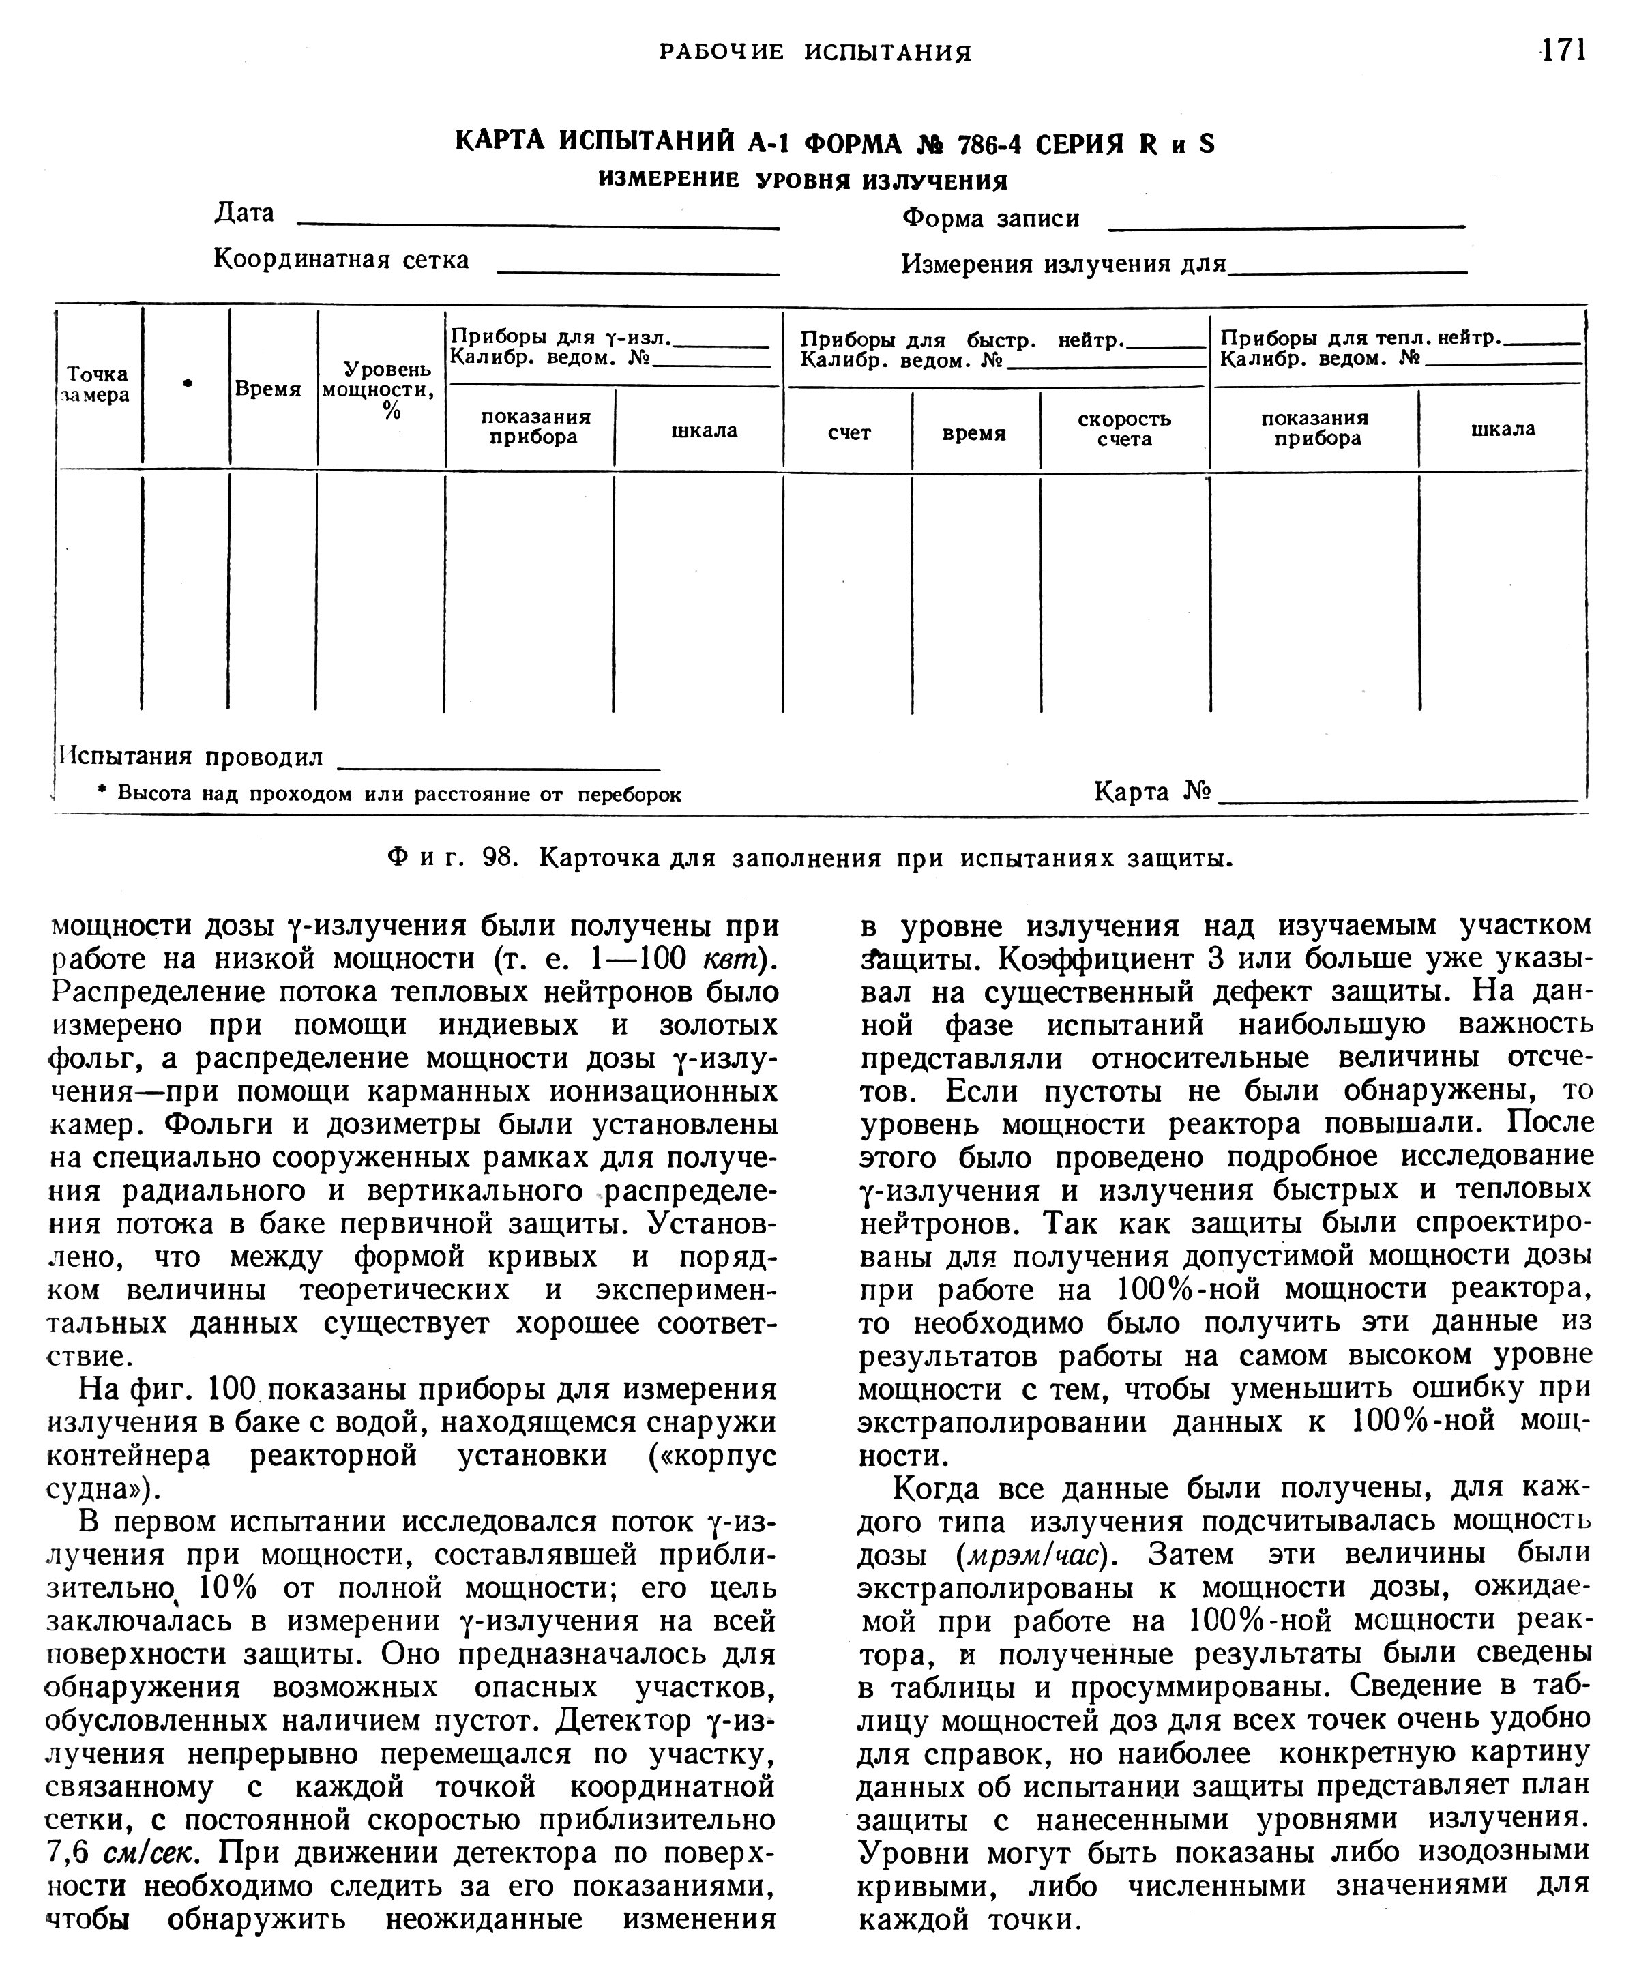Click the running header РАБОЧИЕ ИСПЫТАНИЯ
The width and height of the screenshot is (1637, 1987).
814,52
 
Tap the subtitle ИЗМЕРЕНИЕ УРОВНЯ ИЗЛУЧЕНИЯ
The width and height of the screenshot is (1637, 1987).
803,180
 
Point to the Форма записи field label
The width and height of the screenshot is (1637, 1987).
990,219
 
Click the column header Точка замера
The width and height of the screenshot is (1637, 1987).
97,385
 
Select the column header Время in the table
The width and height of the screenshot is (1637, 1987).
268,389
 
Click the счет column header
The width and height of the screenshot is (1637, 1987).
849,433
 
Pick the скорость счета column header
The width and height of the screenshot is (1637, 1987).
1124,429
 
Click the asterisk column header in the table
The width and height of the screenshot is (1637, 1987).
188,383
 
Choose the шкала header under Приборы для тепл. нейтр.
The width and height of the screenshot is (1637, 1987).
1502,429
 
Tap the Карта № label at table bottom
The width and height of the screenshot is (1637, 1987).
1151,791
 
